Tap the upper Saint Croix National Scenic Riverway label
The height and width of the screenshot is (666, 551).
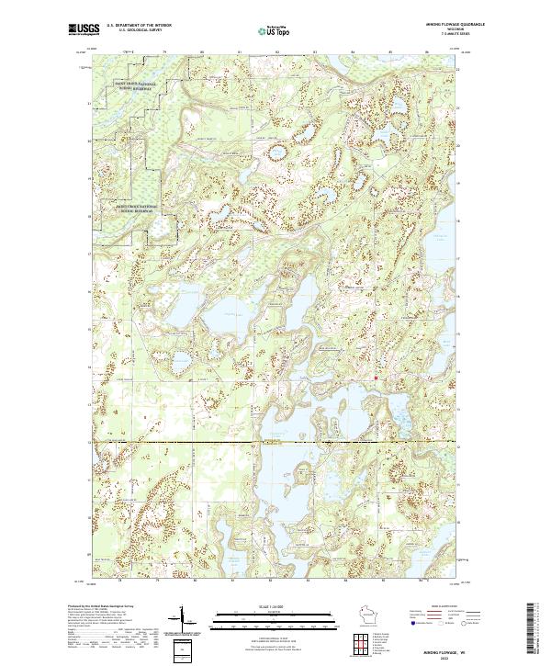(x=135, y=85)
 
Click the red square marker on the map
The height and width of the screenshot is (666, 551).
(x=377, y=375)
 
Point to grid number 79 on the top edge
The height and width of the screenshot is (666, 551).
(x=163, y=52)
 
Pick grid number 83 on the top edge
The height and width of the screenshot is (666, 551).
(x=315, y=52)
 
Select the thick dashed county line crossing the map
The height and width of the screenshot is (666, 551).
(x=275, y=442)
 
